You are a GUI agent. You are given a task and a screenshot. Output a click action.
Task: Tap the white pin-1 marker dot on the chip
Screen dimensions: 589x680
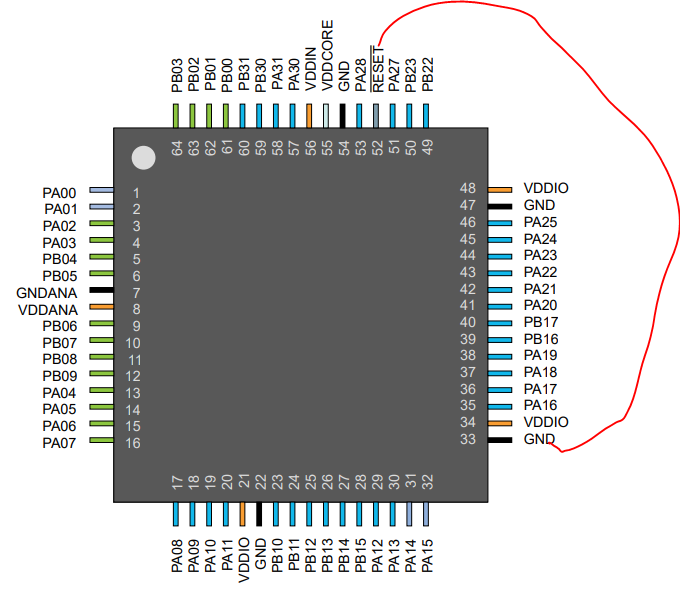click(144, 157)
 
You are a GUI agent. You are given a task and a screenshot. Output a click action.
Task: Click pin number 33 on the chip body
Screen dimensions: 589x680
click(467, 439)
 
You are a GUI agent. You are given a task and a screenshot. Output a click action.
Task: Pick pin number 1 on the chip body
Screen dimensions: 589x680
click(136, 193)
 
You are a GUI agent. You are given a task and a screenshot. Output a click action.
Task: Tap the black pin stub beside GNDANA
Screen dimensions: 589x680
click(101, 291)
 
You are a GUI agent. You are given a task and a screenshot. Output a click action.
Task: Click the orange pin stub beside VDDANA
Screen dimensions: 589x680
click(101, 308)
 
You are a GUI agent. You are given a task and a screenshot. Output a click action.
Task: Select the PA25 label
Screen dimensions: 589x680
click(540, 222)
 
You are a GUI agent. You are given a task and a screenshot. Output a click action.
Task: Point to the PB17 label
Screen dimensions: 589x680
click(540, 322)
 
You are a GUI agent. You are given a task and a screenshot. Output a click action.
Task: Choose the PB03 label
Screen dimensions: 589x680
click(176, 75)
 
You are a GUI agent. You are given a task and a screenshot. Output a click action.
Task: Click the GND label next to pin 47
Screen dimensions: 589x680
click(539, 205)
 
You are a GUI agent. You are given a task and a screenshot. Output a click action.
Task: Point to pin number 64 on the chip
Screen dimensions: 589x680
click(177, 148)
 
